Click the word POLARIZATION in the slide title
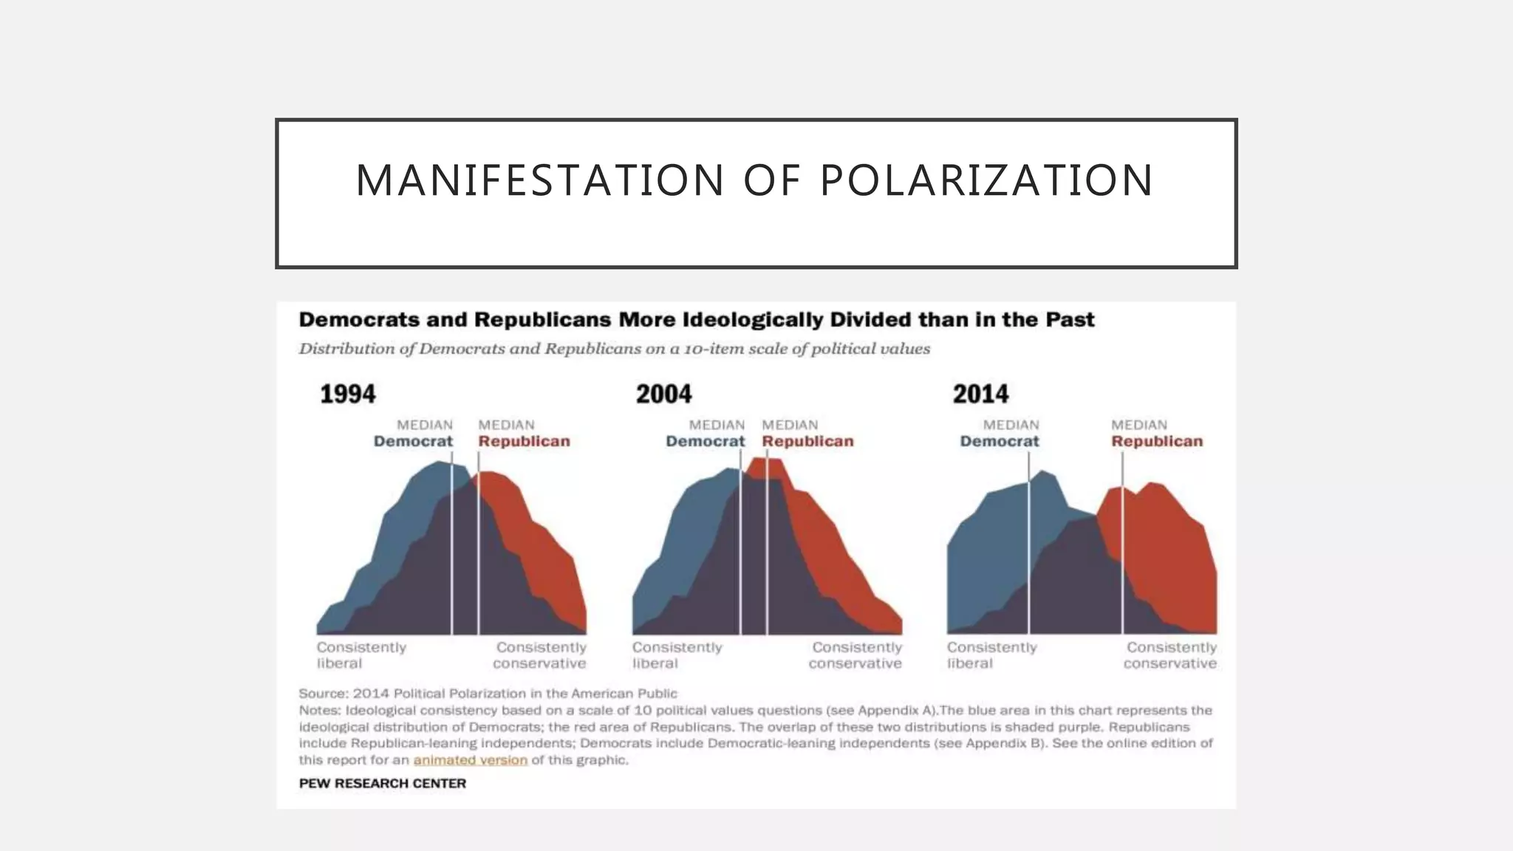tap(986, 180)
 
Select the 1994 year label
tap(347, 394)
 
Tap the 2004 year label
tap(663, 394)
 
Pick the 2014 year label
tap(980, 394)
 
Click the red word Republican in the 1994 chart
tap(524, 442)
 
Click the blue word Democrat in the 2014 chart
tap(999, 442)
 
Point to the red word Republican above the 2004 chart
tap(807, 442)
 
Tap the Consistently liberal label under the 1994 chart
tap(361, 655)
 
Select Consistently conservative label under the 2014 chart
tap(1170, 655)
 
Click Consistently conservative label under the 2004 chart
tap(855, 655)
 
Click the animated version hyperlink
tap(470, 760)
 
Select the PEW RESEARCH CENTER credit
tap(382, 783)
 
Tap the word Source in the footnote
tap(322, 694)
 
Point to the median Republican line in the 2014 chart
tap(1122, 547)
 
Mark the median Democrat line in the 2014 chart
tap(1028, 547)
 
